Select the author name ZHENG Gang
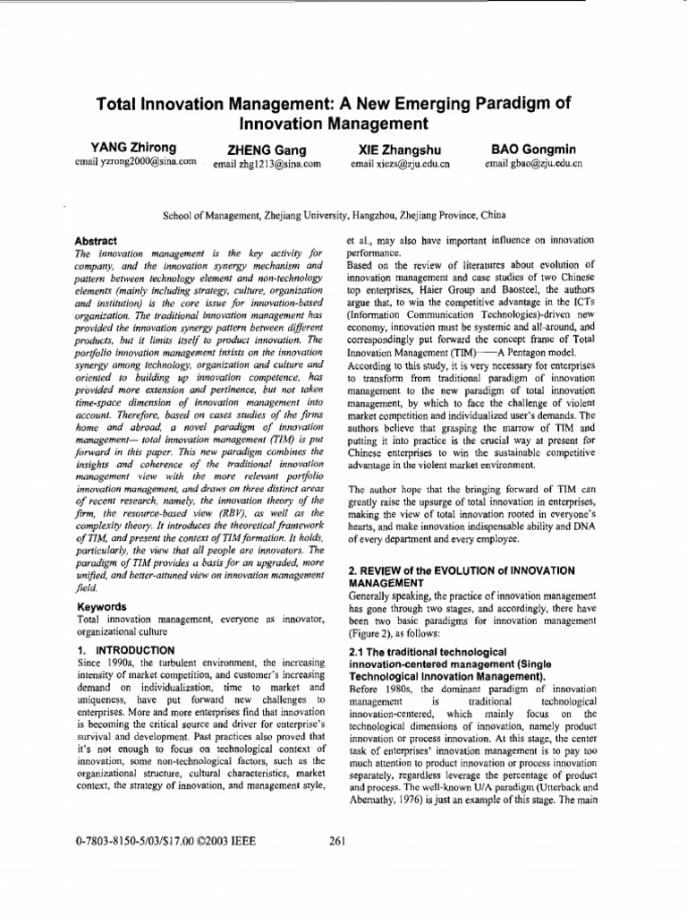(268, 150)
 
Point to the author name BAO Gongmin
(533, 149)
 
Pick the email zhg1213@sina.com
(267, 165)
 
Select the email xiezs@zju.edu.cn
(400, 165)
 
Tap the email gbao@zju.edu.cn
(534, 164)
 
